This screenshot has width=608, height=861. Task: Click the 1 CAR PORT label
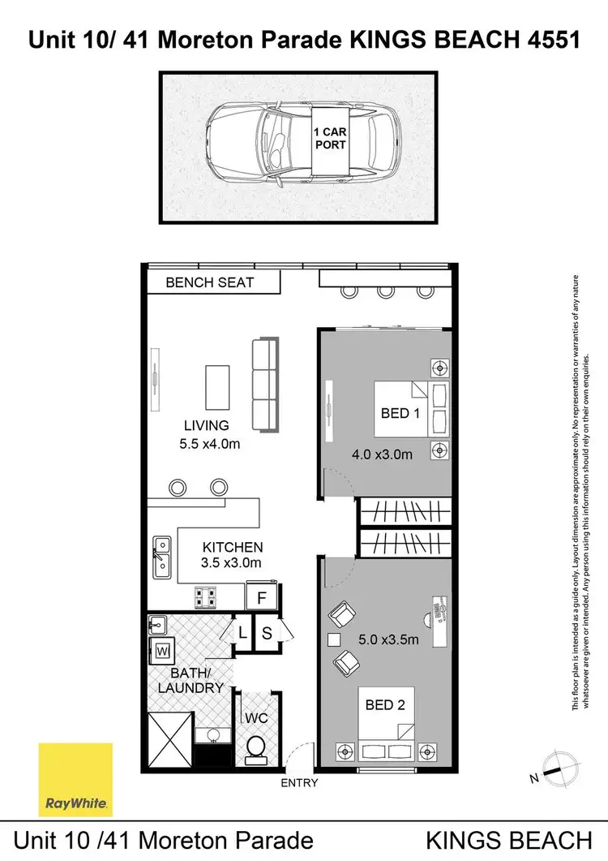(330, 138)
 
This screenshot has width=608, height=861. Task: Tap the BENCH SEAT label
(210, 282)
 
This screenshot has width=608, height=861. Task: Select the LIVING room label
(206, 425)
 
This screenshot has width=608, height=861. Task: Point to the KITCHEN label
(233, 548)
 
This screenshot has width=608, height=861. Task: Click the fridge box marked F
(262, 599)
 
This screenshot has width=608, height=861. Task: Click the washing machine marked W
(161, 650)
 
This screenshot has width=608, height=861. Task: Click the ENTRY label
(299, 783)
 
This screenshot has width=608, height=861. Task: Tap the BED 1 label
(400, 413)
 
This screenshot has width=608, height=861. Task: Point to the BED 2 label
(385, 705)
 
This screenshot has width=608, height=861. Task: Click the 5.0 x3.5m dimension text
(389, 639)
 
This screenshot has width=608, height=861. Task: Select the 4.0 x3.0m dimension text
(382, 454)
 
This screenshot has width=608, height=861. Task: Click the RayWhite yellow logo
(75, 779)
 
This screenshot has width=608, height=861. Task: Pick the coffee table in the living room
(217, 387)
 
